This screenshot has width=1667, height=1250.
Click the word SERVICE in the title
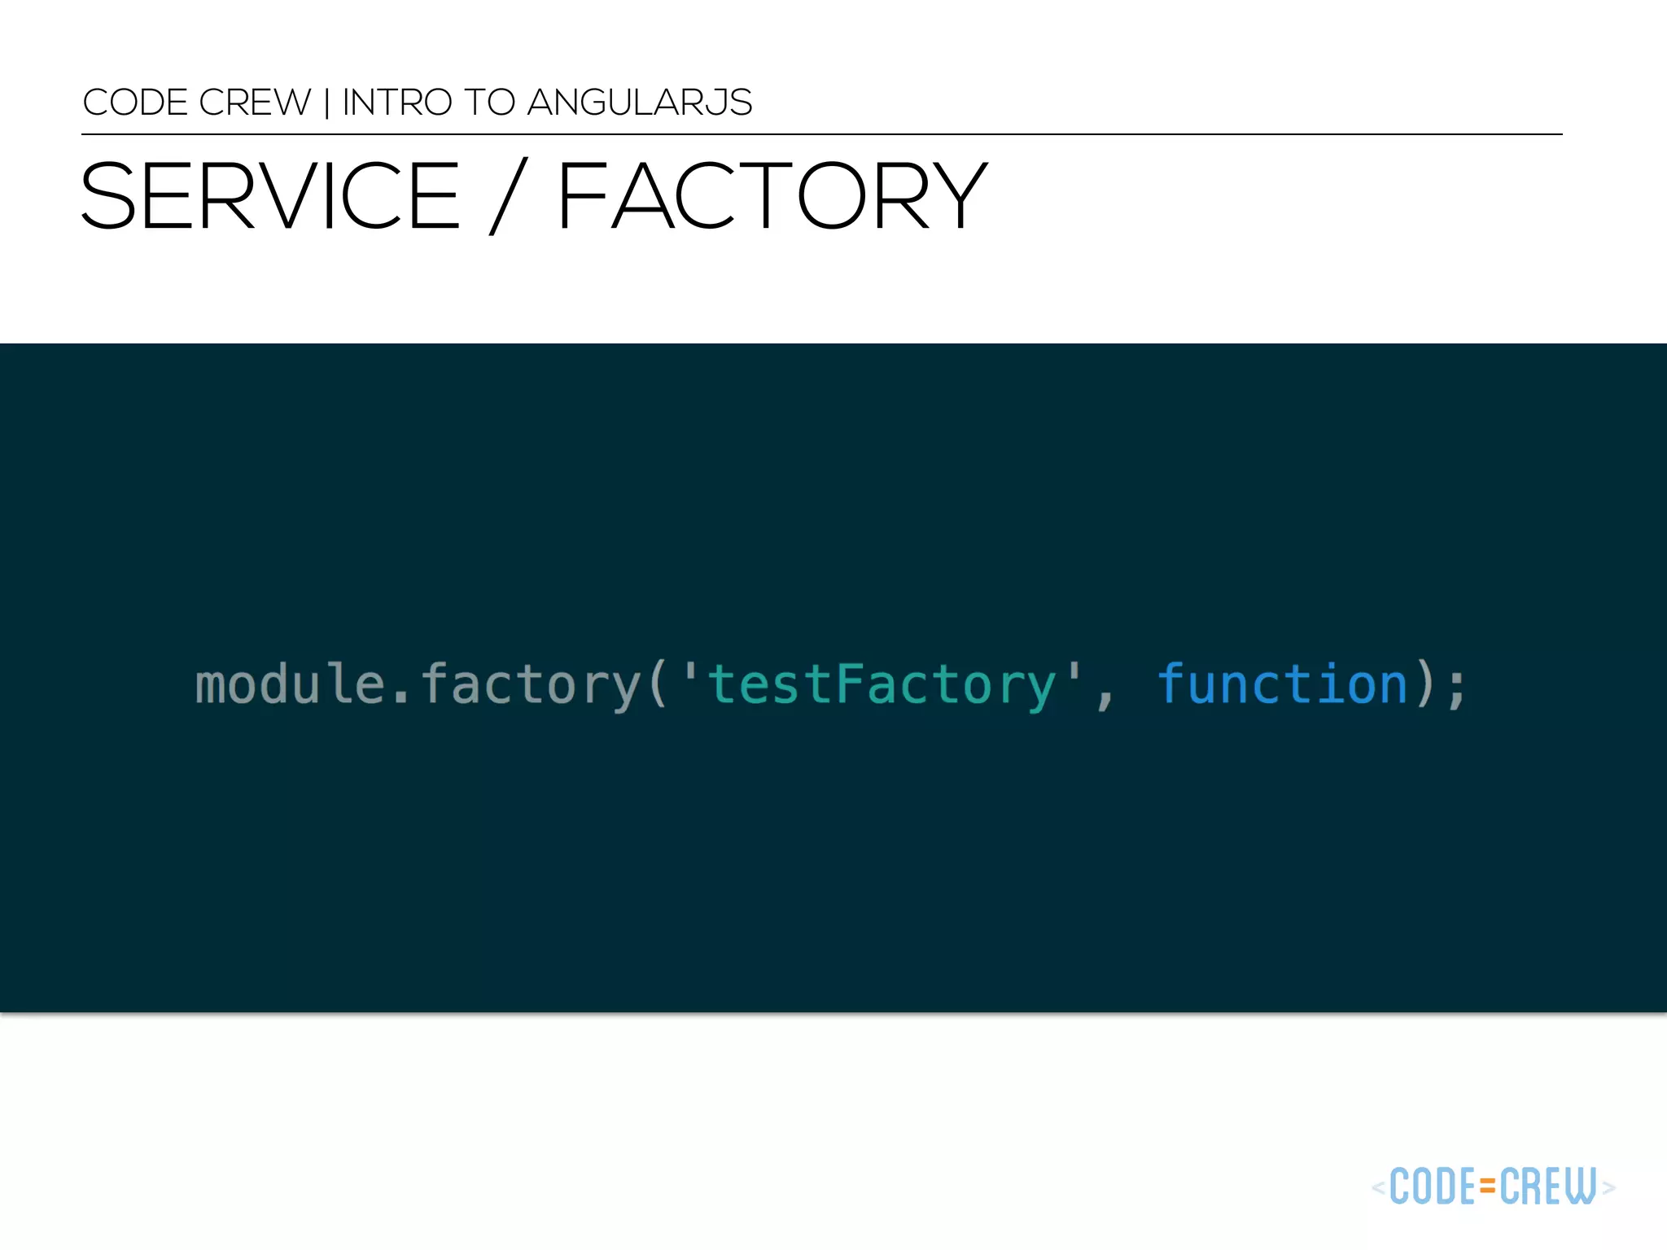click(270, 196)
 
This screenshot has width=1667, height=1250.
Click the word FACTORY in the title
click(772, 196)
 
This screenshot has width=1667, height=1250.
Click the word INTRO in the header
click(397, 103)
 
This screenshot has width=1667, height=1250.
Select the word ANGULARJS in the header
click(640, 103)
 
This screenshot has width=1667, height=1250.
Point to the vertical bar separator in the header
click(327, 103)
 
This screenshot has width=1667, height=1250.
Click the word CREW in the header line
click(255, 103)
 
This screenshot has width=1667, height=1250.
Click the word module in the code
click(289, 684)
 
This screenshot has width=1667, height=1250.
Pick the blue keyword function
click(1283, 684)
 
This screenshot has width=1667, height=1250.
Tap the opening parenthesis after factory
click(658, 684)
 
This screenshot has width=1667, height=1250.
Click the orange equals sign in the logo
click(1488, 1187)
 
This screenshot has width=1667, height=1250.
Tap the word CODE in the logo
click(1433, 1187)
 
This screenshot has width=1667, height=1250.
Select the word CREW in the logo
click(1548, 1187)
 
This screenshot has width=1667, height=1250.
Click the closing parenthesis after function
click(1424, 684)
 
